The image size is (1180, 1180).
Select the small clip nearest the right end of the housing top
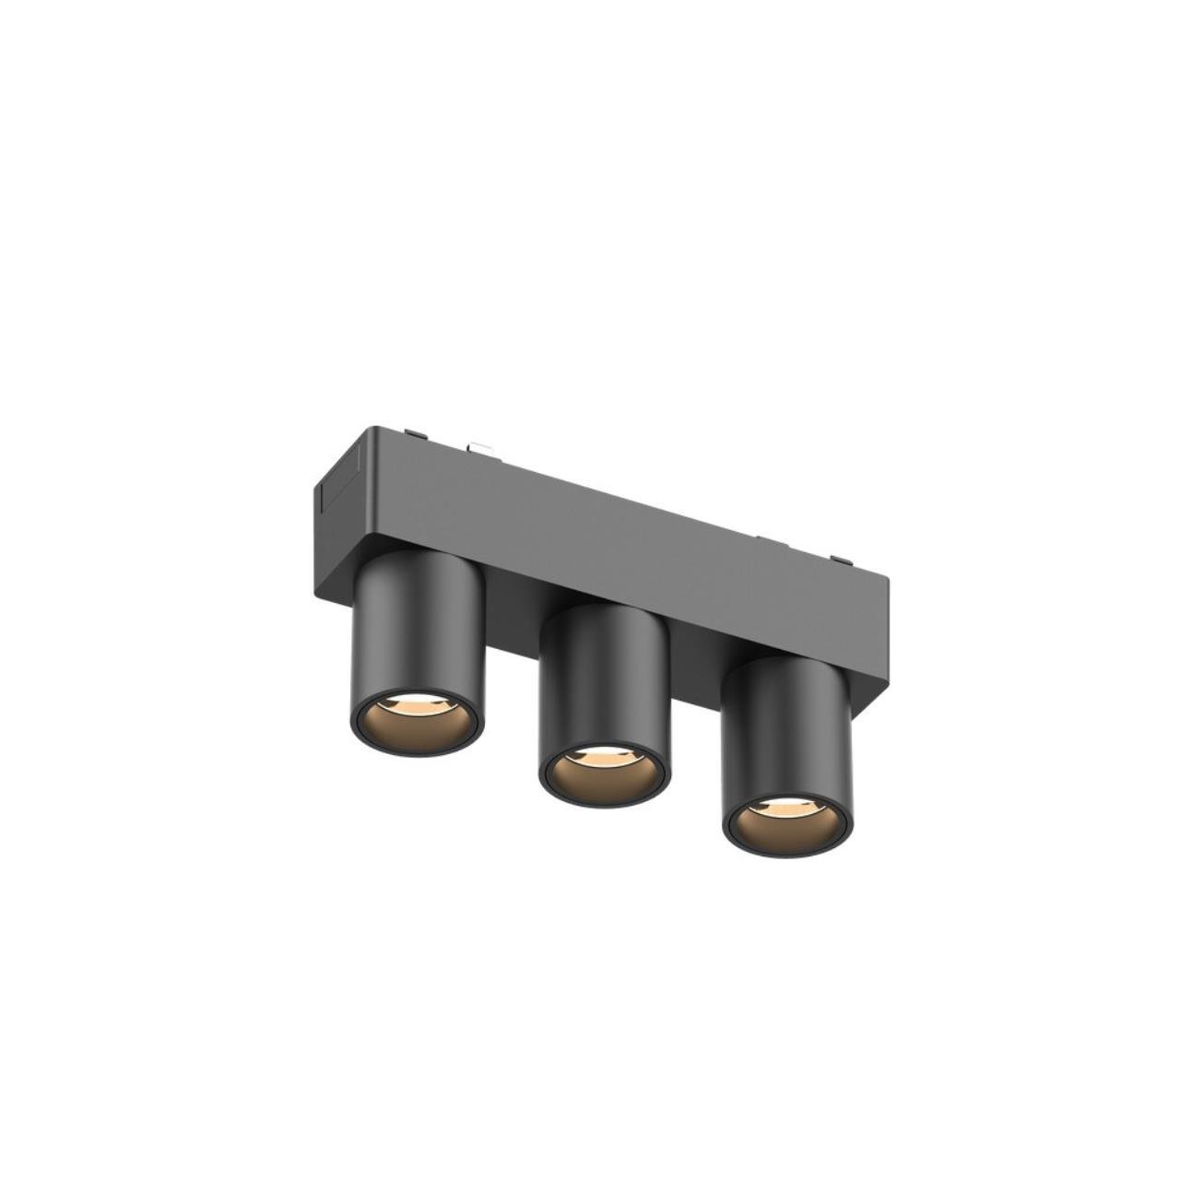[x=841, y=559]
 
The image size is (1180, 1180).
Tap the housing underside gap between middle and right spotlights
[x=695, y=645]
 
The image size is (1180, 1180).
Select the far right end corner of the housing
[x=889, y=581]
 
